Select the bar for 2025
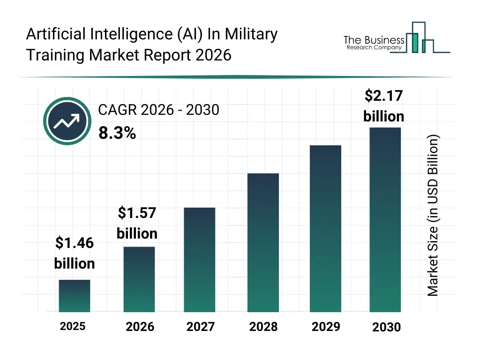click(75, 296)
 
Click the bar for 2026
click(139, 279)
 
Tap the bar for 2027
click(200, 260)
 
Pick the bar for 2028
click(263, 242)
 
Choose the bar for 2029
click(325, 228)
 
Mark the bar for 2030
click(385, 219)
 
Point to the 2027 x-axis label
click(200, 327)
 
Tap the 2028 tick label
click(263, 327)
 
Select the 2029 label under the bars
click(326, 326)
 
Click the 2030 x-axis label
click(387, 327)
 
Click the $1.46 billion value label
click(75, 253)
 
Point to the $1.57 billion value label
click(137, 223)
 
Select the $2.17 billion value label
click(384, 106)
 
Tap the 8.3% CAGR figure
click(117, 134)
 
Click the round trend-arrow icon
click(67, 121)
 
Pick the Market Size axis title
click(433, 216)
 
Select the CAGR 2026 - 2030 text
click(158, 110)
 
